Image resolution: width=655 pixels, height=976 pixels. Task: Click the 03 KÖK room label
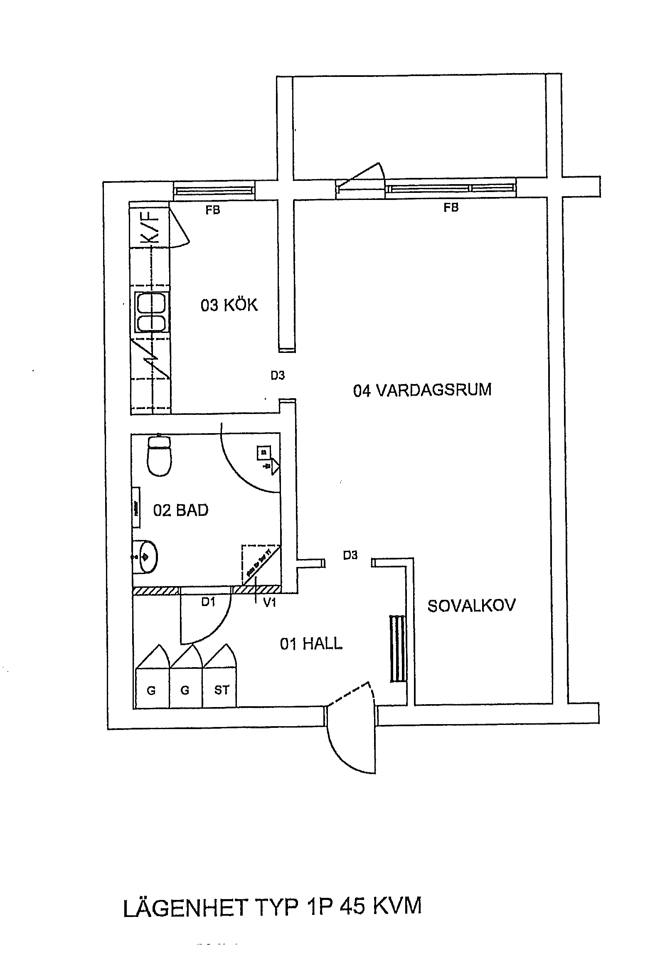[229, 305]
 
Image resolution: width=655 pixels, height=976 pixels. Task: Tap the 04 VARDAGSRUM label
[422, 390]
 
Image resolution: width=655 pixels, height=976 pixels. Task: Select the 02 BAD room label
[180, 510]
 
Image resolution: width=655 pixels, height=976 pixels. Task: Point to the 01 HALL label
[311, 644]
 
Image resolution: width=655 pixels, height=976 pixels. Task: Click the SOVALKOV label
[471, 605]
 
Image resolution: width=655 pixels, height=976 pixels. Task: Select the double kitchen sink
[152, 312]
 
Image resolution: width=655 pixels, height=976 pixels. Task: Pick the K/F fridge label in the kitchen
[150, 226]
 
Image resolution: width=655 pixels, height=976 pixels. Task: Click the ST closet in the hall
[222, 690]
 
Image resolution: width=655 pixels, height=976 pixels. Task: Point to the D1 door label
[208, 601]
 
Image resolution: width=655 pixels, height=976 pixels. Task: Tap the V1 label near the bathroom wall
[269, 602]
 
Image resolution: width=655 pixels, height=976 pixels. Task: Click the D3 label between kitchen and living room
[278, 376]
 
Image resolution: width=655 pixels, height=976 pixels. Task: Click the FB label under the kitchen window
[213, 210]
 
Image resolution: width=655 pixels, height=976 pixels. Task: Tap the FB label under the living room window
[451, 207]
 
